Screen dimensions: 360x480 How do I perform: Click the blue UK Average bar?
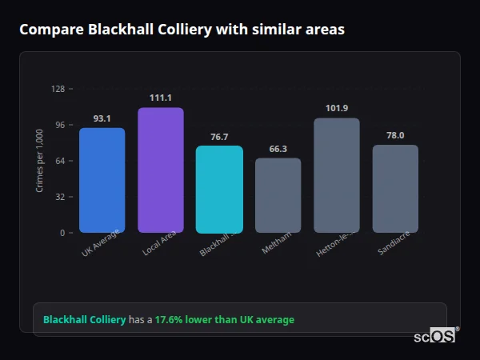point(102,180)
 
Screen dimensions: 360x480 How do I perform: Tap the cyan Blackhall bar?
point(219,189)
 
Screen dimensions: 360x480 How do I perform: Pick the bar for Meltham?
point(278,195)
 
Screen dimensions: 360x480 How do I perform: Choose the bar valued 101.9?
point(337,175)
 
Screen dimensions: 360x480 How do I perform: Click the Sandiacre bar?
point(395,188)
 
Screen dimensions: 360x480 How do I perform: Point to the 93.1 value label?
point(102,118)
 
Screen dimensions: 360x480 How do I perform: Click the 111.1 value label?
point(160,98)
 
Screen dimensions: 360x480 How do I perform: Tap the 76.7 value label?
point(219,137)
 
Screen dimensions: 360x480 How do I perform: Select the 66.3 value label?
point(278,149)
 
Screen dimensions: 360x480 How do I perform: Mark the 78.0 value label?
point(395,135)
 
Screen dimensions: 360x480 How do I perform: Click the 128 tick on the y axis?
point(58,89)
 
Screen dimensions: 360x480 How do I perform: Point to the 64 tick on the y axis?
point(60,161)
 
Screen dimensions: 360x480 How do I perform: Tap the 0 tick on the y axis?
point(62,233)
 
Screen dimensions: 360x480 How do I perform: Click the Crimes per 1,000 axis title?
point(39,160)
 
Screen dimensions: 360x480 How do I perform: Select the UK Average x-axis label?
point(101,243)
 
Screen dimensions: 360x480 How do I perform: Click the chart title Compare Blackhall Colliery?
point(182,30)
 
